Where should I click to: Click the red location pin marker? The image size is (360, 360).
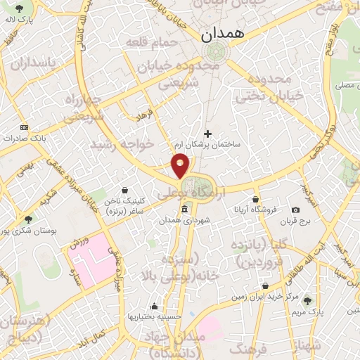pos(181,165)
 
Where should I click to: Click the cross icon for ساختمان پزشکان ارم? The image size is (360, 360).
pos(207,133)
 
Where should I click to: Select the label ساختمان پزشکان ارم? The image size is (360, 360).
pos(208,144)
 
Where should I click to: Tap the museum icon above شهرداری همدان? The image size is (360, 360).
pos(184,210)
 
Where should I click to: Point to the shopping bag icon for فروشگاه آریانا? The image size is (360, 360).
pos(255,199)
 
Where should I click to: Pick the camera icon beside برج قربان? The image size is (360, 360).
pos(295,210)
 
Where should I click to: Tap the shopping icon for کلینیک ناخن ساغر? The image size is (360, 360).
pos(124,190)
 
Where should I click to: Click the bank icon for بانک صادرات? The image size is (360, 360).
pos(25,127)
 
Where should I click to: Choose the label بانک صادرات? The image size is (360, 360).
pos(25,139)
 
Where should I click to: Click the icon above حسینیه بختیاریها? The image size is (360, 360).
pos(154,306)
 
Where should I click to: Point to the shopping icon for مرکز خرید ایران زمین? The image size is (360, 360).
pos(265,285)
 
